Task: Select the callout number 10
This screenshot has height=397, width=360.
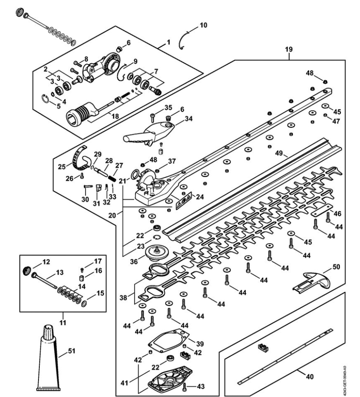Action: coord(203,25)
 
